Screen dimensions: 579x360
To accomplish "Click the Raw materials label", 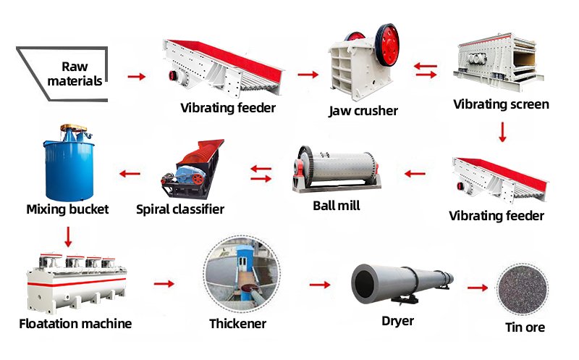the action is click(75, 74).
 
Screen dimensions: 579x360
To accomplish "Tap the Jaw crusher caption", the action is click(363, 111).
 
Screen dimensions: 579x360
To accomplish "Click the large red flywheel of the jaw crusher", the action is click(387, 45).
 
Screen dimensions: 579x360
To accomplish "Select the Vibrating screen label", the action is click(501, 104).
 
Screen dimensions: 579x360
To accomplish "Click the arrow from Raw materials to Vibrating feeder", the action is click(137, 77).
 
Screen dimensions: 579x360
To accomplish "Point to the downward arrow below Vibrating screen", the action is click(502, 132).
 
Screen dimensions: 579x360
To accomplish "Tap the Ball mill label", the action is click(337, 206).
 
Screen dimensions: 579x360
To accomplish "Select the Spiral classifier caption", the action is click(180, 209).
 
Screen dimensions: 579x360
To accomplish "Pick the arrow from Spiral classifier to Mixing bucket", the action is click(130, 173).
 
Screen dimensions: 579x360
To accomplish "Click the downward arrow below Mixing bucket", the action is click(68, 237).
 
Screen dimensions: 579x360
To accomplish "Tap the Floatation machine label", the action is click(75, 324).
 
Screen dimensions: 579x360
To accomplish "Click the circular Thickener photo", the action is click(242, 274).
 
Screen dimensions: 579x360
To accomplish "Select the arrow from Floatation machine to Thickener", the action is click(164, 283).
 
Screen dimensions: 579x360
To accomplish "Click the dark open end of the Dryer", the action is click(365, 283).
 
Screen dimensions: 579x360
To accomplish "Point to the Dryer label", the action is click(397, 321).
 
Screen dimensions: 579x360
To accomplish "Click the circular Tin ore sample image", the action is click(522, 289).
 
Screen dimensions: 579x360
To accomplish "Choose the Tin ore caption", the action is click(525, 327).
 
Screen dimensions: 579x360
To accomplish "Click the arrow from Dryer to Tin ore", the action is click(478, 288).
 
